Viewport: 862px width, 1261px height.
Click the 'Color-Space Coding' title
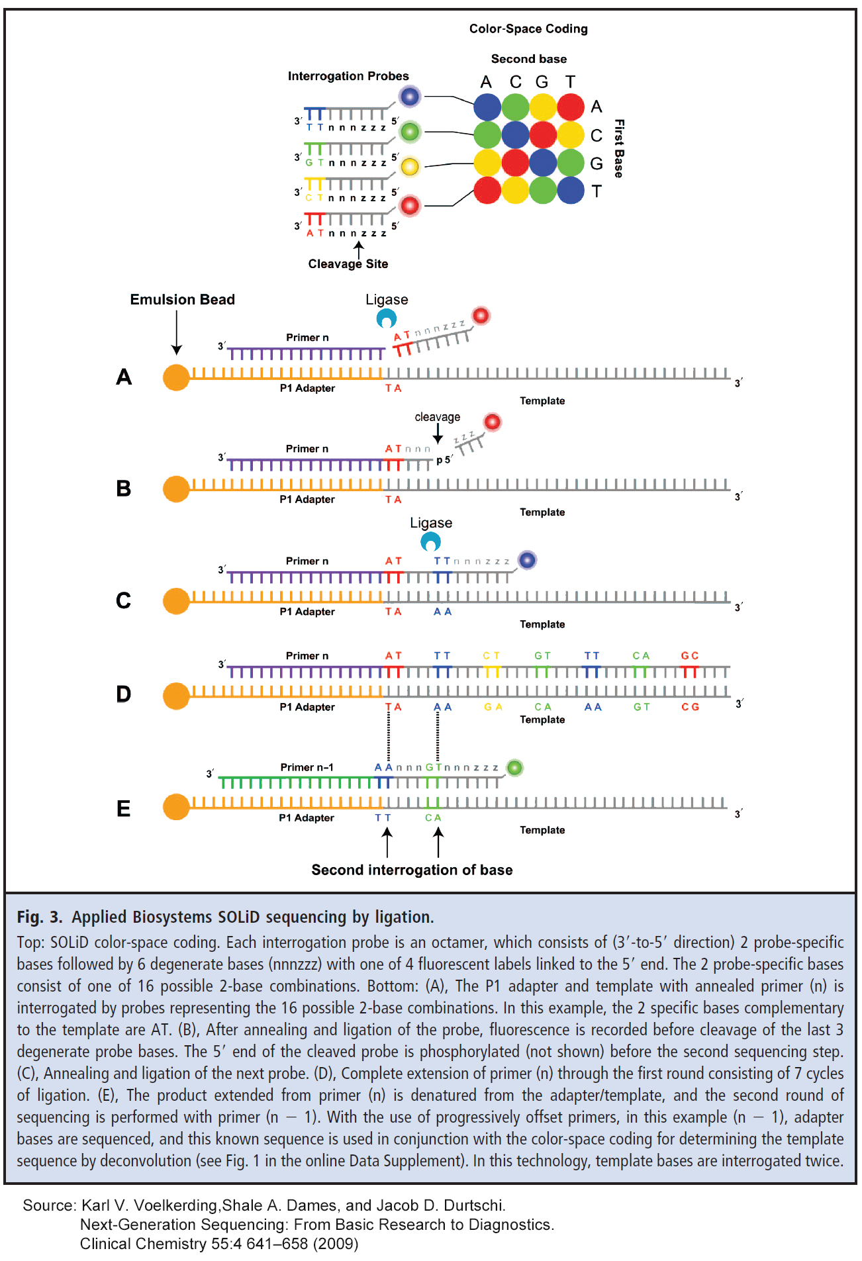pos(528,28)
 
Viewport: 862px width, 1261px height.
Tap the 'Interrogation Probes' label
pos(348,76)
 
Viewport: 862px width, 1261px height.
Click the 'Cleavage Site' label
pos(348,263)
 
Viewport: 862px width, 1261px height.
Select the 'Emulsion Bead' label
pos(182,299)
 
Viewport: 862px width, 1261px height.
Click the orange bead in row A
pos(176,377)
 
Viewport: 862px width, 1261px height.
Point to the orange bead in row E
pos(176,807)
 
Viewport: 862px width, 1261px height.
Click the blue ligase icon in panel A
pos(387,319)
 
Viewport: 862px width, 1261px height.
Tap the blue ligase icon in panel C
pos(431,542)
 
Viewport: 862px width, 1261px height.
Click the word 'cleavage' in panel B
pos(437,417)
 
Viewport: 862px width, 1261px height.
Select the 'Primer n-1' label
pos(307,767)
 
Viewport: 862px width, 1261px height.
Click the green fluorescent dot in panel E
pos(515,768)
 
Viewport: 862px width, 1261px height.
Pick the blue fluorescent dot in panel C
pos(527,560)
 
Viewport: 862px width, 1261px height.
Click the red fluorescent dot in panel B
pos(493,422)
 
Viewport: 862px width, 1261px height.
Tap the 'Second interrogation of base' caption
pos(412,870)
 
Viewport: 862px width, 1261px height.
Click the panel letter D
pos(124,694)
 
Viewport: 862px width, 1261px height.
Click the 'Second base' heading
pos(528,59)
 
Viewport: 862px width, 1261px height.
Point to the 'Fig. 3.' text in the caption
pos(39,917)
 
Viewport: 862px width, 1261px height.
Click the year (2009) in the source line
pos(338,1244)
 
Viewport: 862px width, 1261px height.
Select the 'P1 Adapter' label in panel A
pos(307,388)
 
